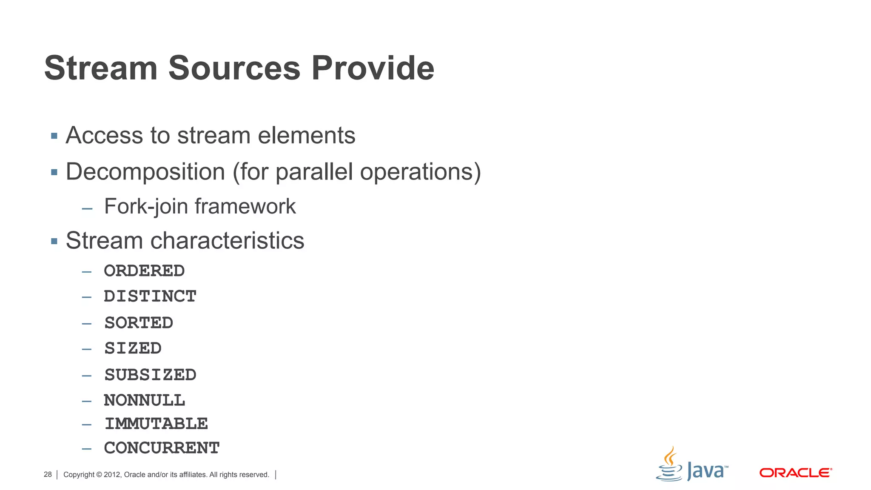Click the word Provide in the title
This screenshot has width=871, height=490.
point(373,68)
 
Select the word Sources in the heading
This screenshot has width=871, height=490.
point(234,68)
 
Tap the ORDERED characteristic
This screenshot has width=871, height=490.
point(144,271)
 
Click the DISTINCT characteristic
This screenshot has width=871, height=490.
point(150,296)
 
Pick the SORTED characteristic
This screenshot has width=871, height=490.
point(139,323)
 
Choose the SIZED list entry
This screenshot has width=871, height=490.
point(133,348)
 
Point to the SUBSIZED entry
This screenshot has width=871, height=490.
point(150,375)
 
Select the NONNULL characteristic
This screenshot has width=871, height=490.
point(144,400)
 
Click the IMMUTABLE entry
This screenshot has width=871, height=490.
point(156,424)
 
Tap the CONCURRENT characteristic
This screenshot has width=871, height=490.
point(162,448)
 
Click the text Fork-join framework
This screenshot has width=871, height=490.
point(200,207)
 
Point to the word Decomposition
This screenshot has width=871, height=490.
point(145,172)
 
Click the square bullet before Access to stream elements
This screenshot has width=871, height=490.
point(54,136)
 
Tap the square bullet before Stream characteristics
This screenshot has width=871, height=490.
point(54,241)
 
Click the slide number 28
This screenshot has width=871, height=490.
point(48,474)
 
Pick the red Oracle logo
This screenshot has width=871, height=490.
point(795,473)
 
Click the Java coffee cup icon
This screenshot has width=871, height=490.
point(669,464)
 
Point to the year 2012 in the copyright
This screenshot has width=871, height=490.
point(112,475)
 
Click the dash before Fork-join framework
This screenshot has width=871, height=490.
point(87,208)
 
